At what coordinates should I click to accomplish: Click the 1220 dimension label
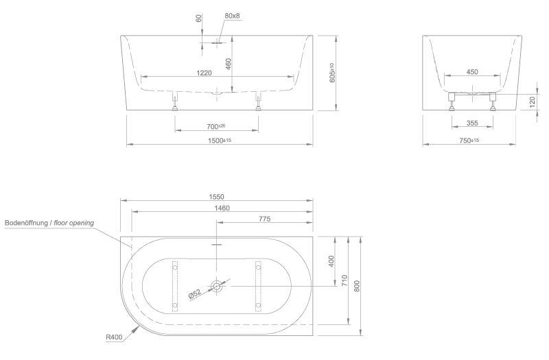(204, 73)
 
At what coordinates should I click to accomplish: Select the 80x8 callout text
(232, 16)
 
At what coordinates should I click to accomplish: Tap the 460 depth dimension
(228, 64)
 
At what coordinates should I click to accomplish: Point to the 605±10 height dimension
(332, 73)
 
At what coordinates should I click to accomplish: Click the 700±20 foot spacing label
(216, 126)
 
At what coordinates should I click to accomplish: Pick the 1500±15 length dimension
(220, 141)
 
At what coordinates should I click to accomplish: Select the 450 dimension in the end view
(472, 72)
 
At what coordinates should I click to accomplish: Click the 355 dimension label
(472, 123)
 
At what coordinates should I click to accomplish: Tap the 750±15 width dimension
(469, 141)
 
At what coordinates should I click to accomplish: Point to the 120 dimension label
(533, 101)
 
